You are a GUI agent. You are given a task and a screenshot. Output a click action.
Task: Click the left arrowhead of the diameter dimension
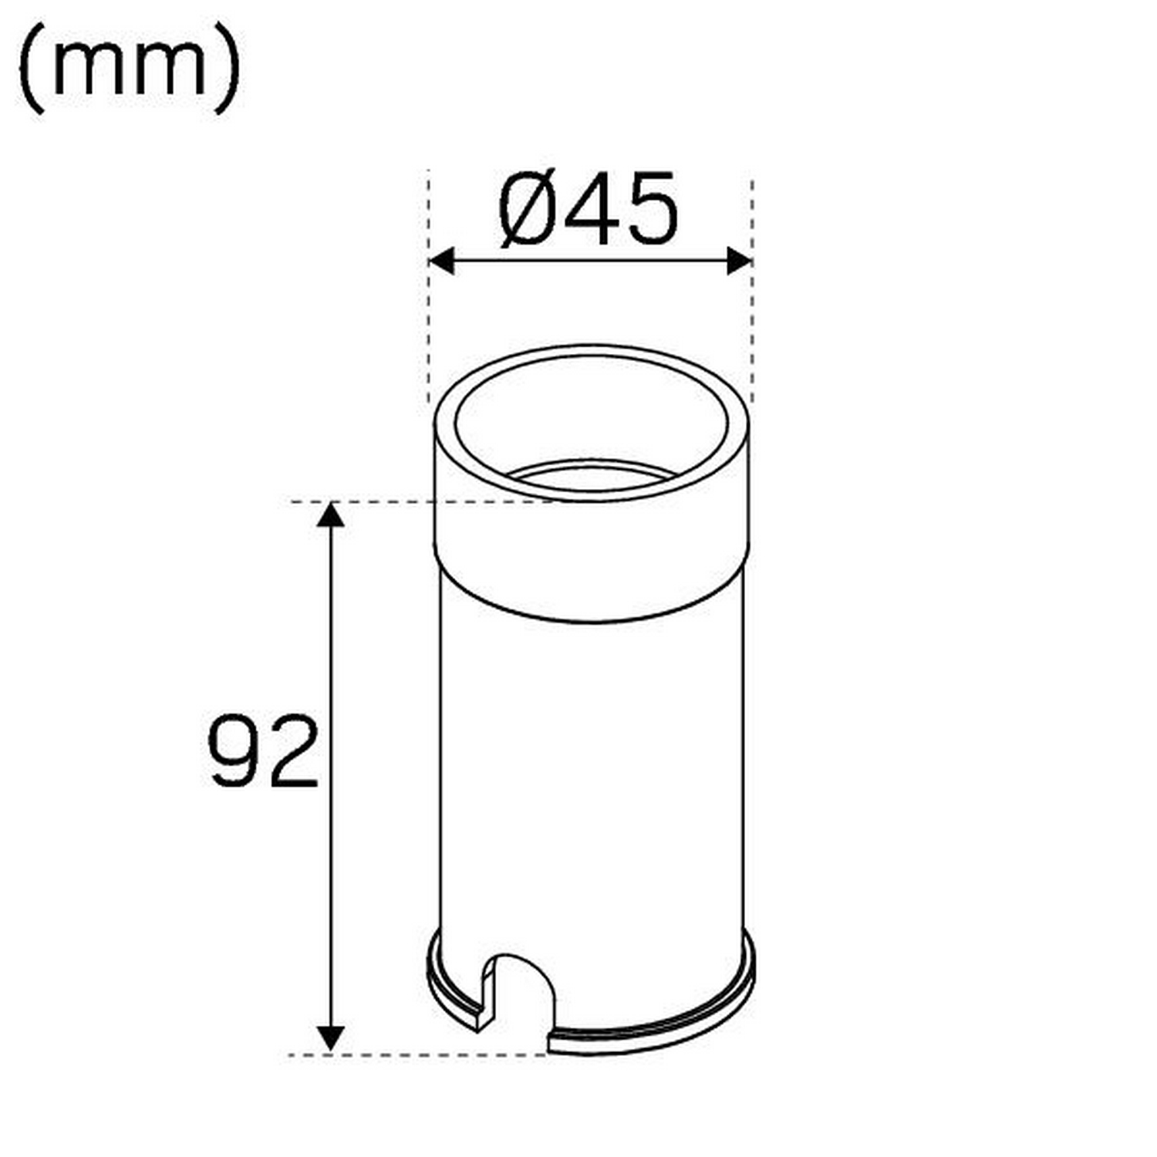click(x=440, y=261)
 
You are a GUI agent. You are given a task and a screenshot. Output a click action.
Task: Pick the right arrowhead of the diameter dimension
click(x=739, y=261)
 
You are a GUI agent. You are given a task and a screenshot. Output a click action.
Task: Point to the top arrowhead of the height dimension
click(x=331, y=514)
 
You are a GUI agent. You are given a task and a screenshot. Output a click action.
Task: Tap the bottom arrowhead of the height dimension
click(x=331, y=1039)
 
